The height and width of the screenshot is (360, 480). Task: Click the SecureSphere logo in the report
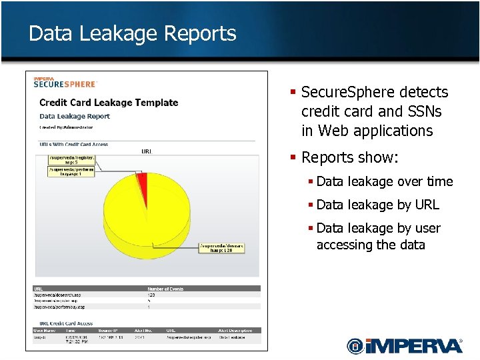tap(65, 82)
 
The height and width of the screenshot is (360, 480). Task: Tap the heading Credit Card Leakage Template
tap(109, 103)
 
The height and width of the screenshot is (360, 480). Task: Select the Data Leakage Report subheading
tap(75, 116)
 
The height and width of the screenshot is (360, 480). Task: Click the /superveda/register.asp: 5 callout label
tap(73, 160)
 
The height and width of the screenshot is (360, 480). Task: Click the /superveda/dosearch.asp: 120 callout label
tap(222, 247)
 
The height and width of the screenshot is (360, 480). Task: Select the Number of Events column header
tap(165, 289)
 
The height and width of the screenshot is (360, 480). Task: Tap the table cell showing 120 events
tap(151, 295)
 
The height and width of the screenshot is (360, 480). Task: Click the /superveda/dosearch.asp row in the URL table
tap(59, 295)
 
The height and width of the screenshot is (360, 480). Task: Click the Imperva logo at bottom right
tap(404, 345)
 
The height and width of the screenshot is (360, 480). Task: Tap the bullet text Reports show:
tap(349, 157)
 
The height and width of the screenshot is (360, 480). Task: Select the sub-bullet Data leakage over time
tap(384, 181)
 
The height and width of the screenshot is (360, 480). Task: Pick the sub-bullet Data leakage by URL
tap(377, 205)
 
